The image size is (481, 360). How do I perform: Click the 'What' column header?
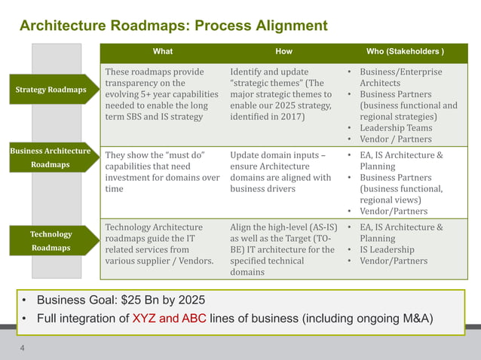[162, 52]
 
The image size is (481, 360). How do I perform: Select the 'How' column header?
[284, 52]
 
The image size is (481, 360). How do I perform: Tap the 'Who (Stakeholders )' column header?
[404, 52]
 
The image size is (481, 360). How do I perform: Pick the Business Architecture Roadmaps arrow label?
[50, 157]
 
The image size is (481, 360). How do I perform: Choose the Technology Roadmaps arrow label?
[51, 240]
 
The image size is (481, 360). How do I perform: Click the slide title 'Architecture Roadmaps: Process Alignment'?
[173, 26]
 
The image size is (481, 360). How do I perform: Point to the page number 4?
[23, 348]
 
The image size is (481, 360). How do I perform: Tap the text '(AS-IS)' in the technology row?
[320, 227]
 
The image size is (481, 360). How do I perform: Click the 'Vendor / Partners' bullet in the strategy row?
[395, 139]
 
